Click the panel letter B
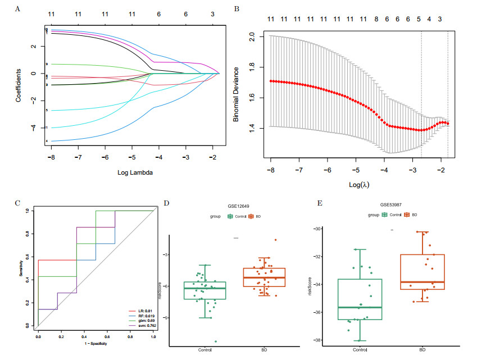pos(237,9)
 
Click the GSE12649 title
pos(237,206)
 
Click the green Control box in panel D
pos(205,290)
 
